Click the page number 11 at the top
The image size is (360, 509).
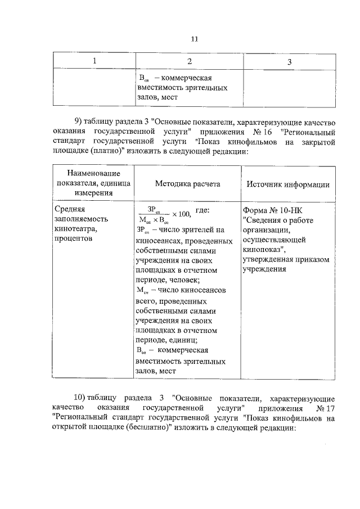click(195, 39)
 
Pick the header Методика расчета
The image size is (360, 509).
click(188, 184)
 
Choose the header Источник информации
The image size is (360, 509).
click(288, 184)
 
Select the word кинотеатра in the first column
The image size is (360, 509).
click(75, 229)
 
